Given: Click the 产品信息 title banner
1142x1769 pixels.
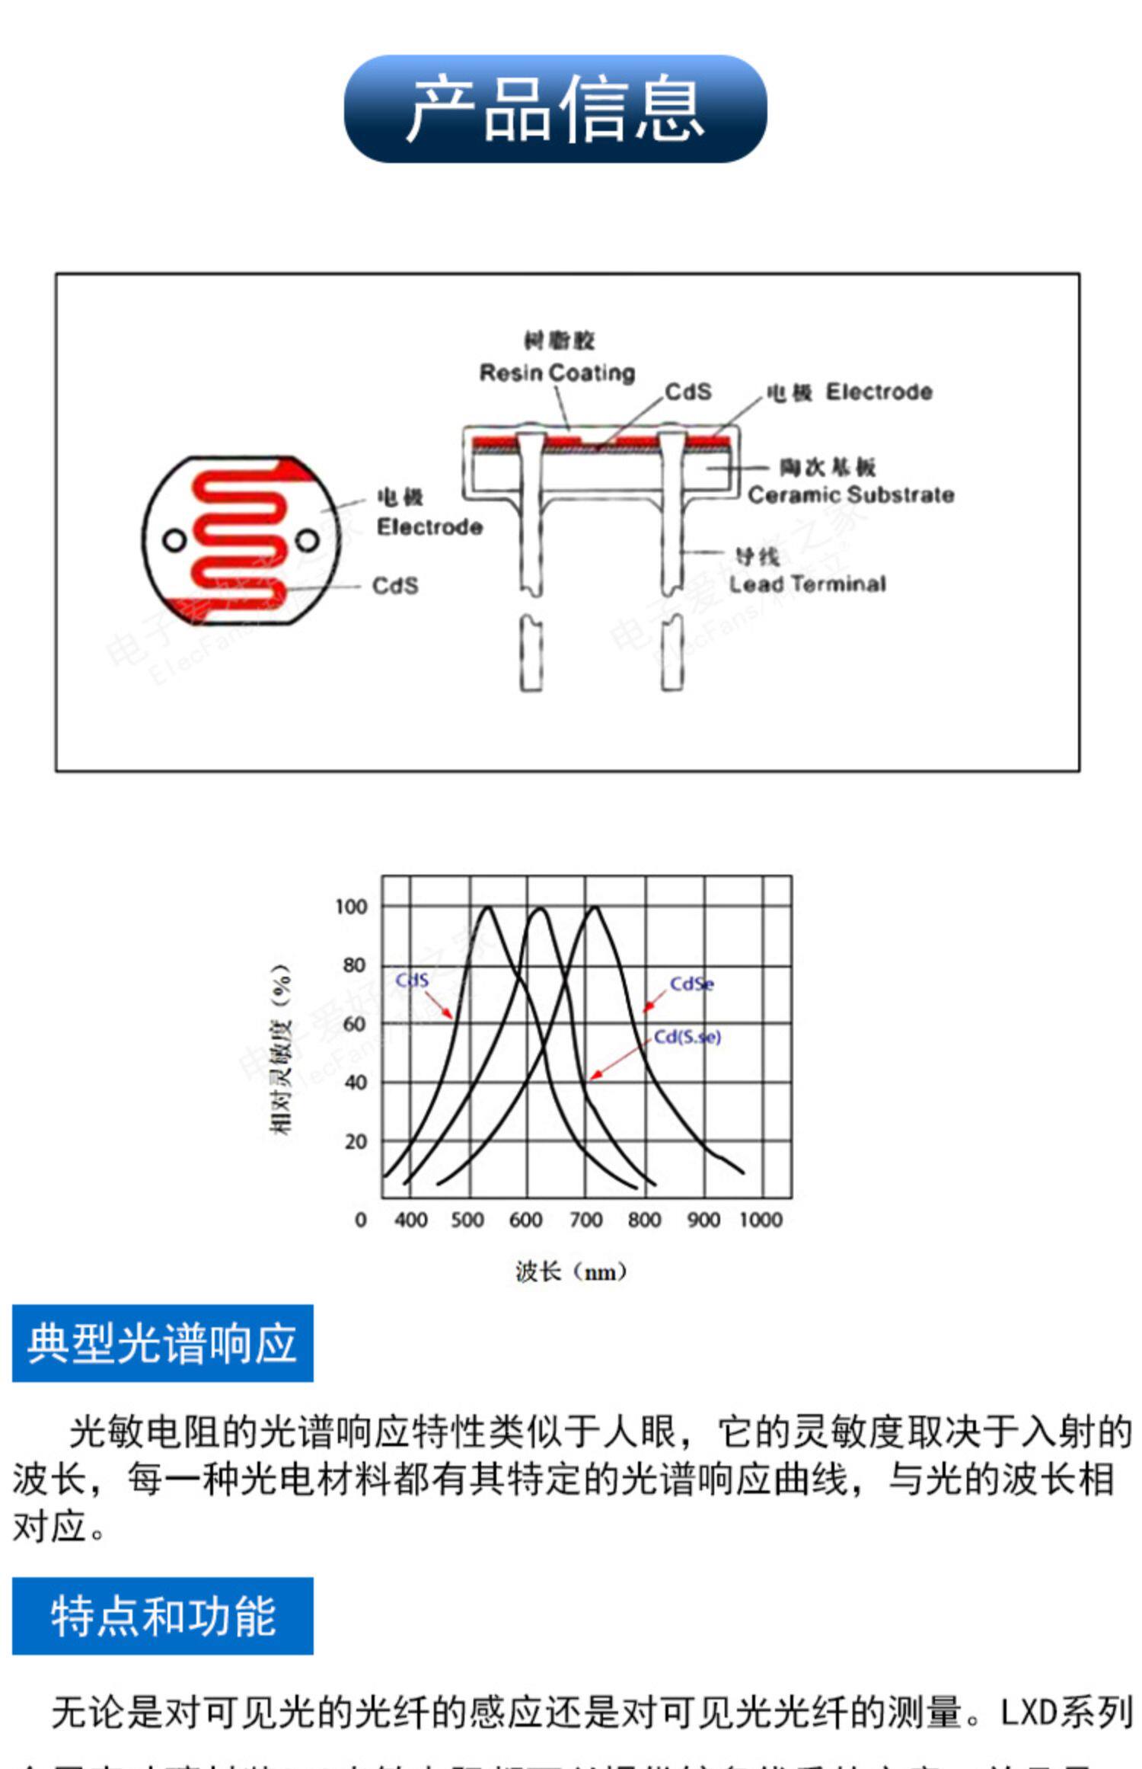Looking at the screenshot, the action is coord(555,108).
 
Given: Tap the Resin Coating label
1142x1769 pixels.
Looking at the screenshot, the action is coord(557,373).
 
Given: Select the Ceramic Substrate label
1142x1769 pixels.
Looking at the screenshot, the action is coord(850,494).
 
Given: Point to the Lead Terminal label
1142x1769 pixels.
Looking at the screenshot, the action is coord(807,584).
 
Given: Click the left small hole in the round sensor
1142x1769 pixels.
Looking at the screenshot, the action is coord(174,541).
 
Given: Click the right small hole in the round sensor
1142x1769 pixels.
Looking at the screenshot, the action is coord(307,541).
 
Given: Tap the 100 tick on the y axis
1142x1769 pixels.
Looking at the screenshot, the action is coord(351,907).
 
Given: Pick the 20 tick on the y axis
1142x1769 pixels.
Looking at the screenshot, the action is coord(356,1141).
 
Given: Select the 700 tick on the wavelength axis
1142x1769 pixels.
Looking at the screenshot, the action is coord(585,1220).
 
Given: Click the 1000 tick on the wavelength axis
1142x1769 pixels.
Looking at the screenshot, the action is coord(761,1220).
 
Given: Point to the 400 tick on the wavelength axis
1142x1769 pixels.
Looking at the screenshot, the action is coord(410,1220).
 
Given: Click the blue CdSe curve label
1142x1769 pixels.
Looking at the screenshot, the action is coord(691,984).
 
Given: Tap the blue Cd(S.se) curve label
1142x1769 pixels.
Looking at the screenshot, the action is coord(687,1037).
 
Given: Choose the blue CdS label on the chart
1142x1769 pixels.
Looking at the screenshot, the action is coord(412,980).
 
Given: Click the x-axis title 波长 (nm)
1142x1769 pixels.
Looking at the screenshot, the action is coord(570,1272).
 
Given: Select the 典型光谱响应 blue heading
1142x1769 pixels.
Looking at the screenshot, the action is coord(162,1343).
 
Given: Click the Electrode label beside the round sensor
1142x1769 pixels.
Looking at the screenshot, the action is coord(429,526).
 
